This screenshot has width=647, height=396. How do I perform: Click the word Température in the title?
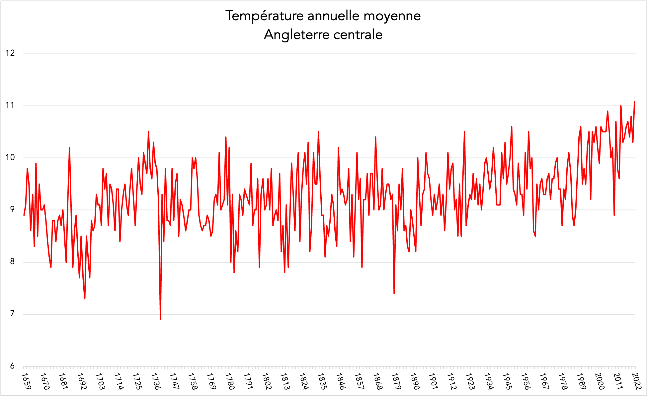(265, 16)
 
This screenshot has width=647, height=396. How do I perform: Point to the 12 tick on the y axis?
(10, 53)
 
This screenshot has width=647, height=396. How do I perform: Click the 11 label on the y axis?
(10, 105)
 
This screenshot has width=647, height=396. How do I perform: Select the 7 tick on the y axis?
(12, 313)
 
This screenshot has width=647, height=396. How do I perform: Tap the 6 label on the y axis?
(12, 366)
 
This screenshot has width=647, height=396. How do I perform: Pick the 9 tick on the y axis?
(12, 209)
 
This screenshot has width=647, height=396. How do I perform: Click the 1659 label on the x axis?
(26, 381)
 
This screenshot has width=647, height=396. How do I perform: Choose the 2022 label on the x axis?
(636, 381)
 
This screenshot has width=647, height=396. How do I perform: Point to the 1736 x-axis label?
(156, 381)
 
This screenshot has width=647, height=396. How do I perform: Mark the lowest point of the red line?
(160, 319)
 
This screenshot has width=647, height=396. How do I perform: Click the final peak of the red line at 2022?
(634, 101)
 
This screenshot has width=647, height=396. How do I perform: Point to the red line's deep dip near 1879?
(394, 293)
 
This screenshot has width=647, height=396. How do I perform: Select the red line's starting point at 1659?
(24, 215)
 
